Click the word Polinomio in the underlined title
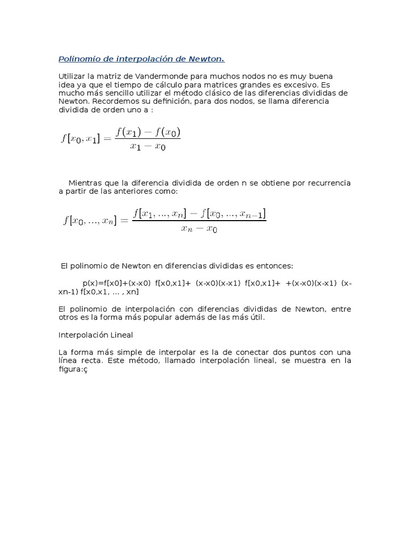77,58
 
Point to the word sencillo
110,93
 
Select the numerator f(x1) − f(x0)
148,131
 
